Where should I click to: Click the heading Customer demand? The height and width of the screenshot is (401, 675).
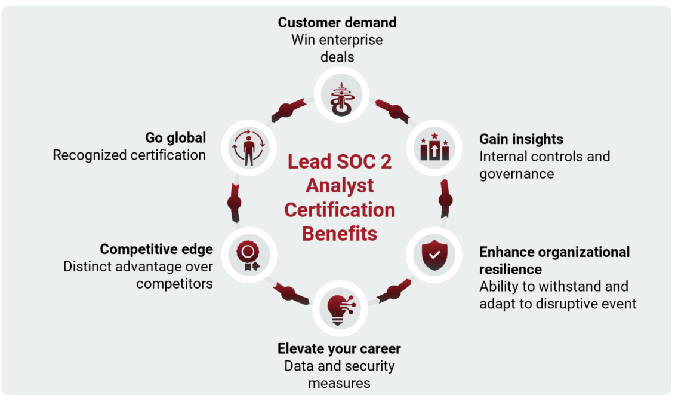pyautogui.click(x=337, y=23)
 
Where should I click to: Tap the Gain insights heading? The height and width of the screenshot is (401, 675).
pyautogui.click(x=521, y=139)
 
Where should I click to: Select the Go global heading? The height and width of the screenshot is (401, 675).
pyautogui.click(x=175, y=137)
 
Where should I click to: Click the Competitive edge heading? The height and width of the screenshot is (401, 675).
pyautogui.click(x=156, y=249)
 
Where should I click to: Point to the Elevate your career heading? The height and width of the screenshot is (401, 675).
pyautogui.click(x=339, y=348)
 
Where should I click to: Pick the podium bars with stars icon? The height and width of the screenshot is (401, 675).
pyautogui.click(x=434, y=147)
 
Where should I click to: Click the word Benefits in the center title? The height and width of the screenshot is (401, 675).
pyautogui.click(x=339, y=233)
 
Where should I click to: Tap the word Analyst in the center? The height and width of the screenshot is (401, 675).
pyautogui.click(x=340, y=186)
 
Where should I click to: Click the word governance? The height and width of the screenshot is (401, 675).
pyautogui.click(x=516, y=174)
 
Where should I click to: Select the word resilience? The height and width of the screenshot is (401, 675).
pyautogui.click(x=510, y=270)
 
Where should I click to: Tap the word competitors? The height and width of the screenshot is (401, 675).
pyautogui.click(x=174, y=283)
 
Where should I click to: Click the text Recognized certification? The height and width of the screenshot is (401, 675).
pyautogui.click(x=129, y=155)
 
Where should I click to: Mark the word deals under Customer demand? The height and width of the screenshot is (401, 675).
pyautogui.click(x=337, y=57)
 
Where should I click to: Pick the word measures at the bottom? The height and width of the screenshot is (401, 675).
pyautogui.click(x=339, y=383)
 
